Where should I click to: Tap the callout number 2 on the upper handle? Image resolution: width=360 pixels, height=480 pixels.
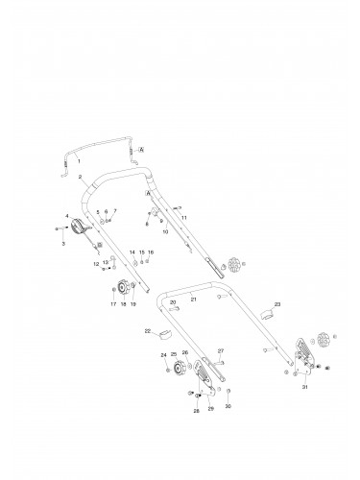pos(84,180)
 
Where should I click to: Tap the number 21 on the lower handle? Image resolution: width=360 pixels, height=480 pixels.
pos(193,300)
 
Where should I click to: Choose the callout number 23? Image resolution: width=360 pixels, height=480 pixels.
pos(277,304)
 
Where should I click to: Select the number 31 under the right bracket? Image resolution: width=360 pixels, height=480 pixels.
pos(304,387)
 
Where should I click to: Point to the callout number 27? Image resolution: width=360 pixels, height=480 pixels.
pos(220,351)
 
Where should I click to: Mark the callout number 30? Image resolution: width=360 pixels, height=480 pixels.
pos(228,407)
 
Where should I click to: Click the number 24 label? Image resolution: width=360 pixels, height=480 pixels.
pos(163,355)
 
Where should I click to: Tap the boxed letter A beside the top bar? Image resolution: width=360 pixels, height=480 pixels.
pos(141,151)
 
